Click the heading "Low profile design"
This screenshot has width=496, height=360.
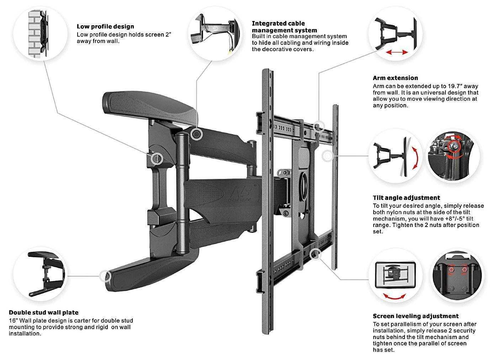point(105,26)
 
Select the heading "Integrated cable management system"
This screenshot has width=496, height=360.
point(284,27)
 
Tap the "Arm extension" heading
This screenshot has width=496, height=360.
point(395,78)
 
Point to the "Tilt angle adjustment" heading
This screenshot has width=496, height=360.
point(406,198)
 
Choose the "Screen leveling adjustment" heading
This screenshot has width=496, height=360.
point(415,316)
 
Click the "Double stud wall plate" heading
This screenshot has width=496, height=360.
point(43,312)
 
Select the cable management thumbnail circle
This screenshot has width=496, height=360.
point(215,33)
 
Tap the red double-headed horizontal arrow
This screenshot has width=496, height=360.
point(397,52)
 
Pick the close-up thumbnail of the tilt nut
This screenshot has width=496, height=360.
point(453,156)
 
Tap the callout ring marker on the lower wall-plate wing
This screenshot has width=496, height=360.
point(105,276)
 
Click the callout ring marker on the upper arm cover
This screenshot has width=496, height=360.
point(196,134)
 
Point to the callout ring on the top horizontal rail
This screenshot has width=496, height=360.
point(319,126)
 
